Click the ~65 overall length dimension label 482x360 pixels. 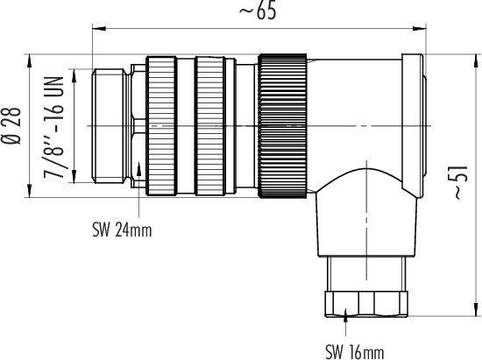pyautogui.click(x=258, y=11)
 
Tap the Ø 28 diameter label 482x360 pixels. pyautogui.click(x=11, y=126)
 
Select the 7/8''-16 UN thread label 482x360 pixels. pyautogui.click(x=53, y=128)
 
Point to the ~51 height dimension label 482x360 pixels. pyautogui.click(x=460, y=182)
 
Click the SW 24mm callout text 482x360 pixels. pyautogui.click(x=122, y=230)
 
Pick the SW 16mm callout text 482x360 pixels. pyautogui.click(x=355, y=352)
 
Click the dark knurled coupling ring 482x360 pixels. pyautogui.click(x=283, y=126)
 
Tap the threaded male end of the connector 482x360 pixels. pyautogui.click(x=109, y=126)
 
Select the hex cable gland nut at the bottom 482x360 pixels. pyautogui.click(x=366, y=303)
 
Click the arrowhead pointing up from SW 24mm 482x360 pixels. pyautogui.click(x=139, y=169)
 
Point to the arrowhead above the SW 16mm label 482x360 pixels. pyautogui.click(x=345, y=314)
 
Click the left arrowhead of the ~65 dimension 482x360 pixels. pyautogui.click(x=99, y=29)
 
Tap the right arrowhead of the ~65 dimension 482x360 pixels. pyautogui.click(x=419, y=29)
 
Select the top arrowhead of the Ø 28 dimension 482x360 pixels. pyautogui.click(x=30, y=60)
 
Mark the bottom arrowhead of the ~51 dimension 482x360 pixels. pyautogui.click(x=476, y=309)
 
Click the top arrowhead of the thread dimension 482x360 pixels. pyautogui.click(x=74, y=76)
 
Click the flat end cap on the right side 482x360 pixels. pyautogui.click(x=413, y=126)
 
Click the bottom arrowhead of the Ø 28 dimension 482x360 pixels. pyautogui.click(x=30, y=190)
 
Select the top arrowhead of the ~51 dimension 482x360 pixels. pyautogui.click(x=476, y=61)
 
